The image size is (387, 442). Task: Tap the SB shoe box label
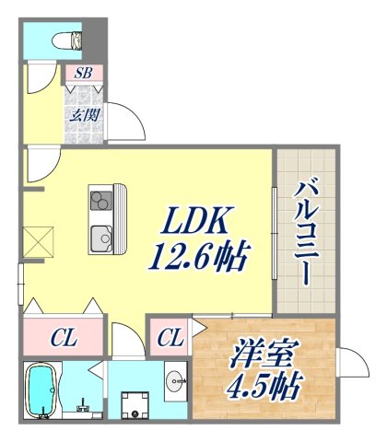[82, 73]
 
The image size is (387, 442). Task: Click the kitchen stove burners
[100, 199]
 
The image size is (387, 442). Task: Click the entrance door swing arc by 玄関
[124, 119]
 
